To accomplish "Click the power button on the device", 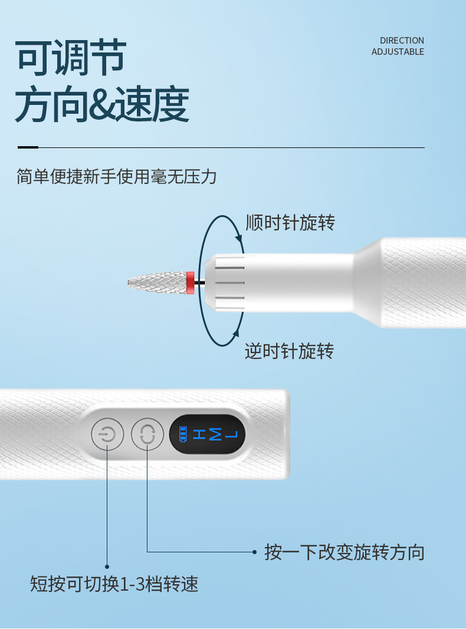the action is tap(107, 434).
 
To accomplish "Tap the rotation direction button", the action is tap(147, 434).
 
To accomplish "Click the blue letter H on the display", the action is tap(199, 434).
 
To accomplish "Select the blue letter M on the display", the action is tap(215, 434).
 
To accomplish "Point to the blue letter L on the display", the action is tap(231, 434).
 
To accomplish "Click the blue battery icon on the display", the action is tap(183, 434).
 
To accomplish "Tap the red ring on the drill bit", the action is tap(191, 282).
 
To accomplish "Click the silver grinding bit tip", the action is tap(157, 283).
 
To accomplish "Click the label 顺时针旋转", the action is tap(290, 222).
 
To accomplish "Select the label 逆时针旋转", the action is tap(290, 351).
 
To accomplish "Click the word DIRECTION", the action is tap(402, 41).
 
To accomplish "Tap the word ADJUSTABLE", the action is tap(398, 52).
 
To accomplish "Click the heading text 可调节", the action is tap(71, 57).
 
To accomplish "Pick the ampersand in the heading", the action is tap(101, 104).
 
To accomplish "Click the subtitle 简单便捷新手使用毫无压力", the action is tap(116, 176).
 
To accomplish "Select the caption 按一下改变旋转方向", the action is tap(344, 552).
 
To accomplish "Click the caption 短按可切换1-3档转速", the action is tap(114, 584).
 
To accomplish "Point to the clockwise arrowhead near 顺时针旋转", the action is tap(239, 237).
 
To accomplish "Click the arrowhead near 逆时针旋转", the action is tap(236, 333).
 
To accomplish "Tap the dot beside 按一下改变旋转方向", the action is tap(254, 552).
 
